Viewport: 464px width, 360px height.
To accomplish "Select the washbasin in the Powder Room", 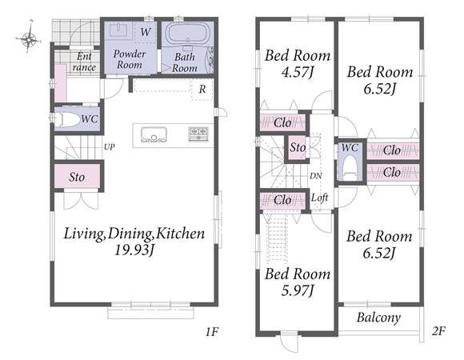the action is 118,30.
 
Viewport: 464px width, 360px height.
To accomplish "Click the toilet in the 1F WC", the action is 67,120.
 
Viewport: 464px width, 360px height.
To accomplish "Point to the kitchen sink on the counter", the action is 154,134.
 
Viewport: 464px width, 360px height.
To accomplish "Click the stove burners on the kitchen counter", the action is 198,134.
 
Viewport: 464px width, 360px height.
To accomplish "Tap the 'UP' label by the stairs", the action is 109,146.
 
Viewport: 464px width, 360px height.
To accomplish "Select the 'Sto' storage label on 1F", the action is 77,177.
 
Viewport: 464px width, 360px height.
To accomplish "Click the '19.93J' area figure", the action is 134,250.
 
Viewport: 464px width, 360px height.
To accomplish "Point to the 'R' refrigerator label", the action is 202,89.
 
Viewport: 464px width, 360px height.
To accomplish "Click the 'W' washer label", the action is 146,32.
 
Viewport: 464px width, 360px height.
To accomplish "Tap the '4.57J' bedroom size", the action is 297,72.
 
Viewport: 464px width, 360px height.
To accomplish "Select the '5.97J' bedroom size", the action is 297,290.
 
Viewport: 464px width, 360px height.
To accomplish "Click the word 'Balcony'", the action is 378,318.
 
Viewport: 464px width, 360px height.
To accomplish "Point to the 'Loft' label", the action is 319,198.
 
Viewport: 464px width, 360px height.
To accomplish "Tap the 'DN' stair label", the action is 316,176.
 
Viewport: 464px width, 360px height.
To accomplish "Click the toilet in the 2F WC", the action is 350,168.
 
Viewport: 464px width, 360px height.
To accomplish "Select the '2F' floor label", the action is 438,331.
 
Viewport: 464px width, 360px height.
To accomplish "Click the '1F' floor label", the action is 212,332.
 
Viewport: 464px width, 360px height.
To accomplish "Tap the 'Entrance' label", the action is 84,62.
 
